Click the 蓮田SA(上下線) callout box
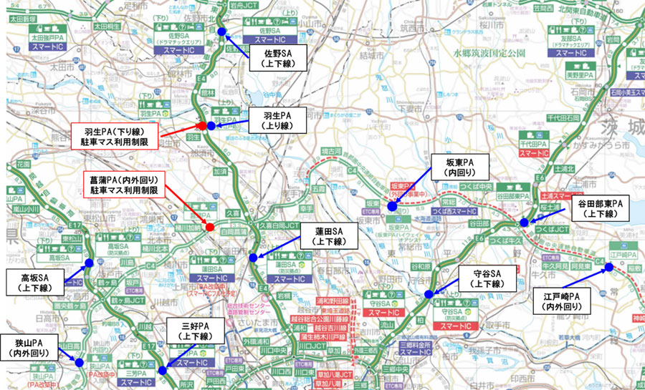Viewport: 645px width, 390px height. [330, 237]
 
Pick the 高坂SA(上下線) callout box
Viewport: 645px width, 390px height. [34, 282]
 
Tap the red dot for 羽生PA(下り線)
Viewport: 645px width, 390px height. [202, 126]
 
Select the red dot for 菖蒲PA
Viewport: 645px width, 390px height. [210, 228]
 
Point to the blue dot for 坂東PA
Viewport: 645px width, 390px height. [392, 206]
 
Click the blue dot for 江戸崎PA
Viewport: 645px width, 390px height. [609, 268]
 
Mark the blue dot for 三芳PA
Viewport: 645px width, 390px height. [163, 370]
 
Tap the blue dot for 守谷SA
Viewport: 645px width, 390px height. [429, 294]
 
